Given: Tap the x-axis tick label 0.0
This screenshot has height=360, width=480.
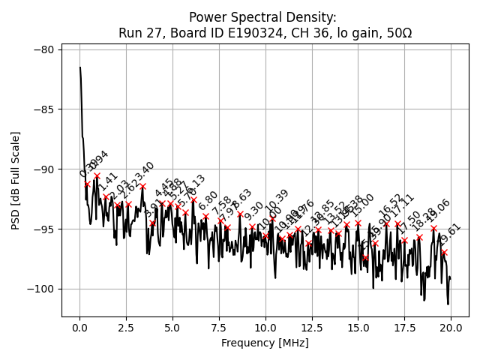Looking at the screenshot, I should (x=79, y=328).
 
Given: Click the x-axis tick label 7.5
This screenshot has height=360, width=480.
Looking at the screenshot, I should (x=219, y=328).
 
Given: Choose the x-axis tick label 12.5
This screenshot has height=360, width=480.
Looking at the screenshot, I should (x=311, y=328).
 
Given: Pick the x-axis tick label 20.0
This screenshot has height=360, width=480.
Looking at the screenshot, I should (x=451, y=328).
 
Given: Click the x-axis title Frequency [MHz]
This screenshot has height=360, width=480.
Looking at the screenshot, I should (x=265, y=343).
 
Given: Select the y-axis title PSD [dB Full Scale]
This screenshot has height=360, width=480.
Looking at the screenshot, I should (x=15, y=180).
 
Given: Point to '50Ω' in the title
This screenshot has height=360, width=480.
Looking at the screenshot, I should (x=397, y=33).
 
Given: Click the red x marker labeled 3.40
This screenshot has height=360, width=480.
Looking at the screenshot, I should (x=142, y=186).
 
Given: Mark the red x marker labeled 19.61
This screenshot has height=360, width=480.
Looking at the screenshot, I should (x=444, y=253).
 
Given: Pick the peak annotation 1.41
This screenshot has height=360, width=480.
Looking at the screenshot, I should (x=109, y=182).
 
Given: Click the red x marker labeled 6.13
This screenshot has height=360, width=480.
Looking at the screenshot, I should (x=193, y=199).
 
